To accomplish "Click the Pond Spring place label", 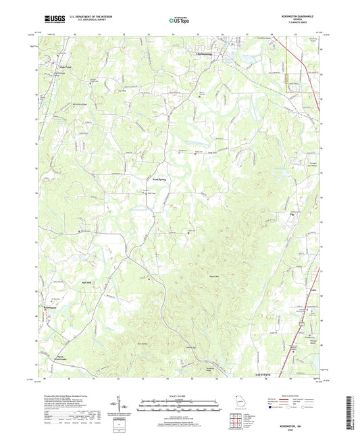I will click(x=158, y=180).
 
